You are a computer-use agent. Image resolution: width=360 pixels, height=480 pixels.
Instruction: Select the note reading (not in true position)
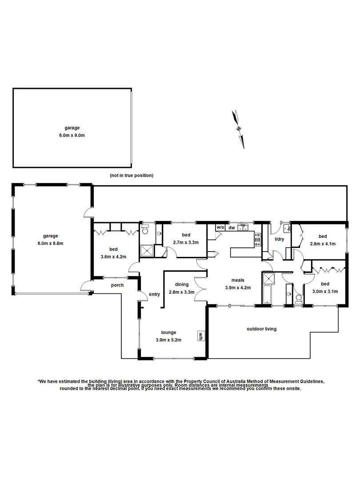click(132, 176)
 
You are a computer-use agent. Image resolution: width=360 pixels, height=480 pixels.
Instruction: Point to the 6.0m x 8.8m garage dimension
click(51, 243)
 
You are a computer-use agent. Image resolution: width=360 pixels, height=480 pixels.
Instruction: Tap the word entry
click(154, 294)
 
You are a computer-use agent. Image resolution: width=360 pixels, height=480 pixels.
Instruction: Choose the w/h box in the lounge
click(200, 336)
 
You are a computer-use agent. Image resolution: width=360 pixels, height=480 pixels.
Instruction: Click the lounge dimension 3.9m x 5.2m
click(169, 340)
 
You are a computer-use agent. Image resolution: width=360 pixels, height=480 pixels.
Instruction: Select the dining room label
click(182, 284)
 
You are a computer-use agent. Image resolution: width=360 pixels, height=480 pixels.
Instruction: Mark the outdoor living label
click(262, 329)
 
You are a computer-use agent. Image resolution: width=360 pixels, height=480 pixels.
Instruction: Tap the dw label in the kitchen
click(232, 228)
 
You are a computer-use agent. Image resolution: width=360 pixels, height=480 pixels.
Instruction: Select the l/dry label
click(279, 239)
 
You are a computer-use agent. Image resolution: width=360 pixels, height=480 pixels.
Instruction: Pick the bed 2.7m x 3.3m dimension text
click(185, 242)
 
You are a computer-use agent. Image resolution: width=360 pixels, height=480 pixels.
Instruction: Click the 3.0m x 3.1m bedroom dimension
click(325, 292)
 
